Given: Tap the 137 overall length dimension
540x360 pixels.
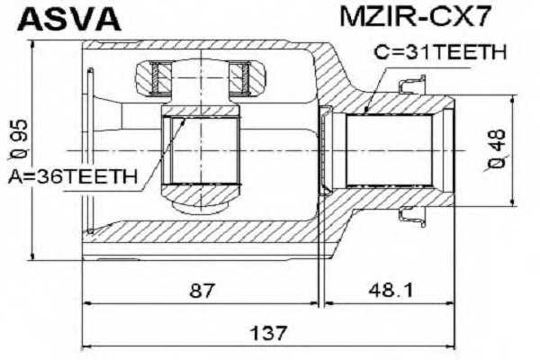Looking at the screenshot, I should pyautogui.click(x=269, y=333).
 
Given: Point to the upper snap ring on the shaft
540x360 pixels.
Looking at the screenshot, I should pyautogui.click(x=412, y=86).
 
